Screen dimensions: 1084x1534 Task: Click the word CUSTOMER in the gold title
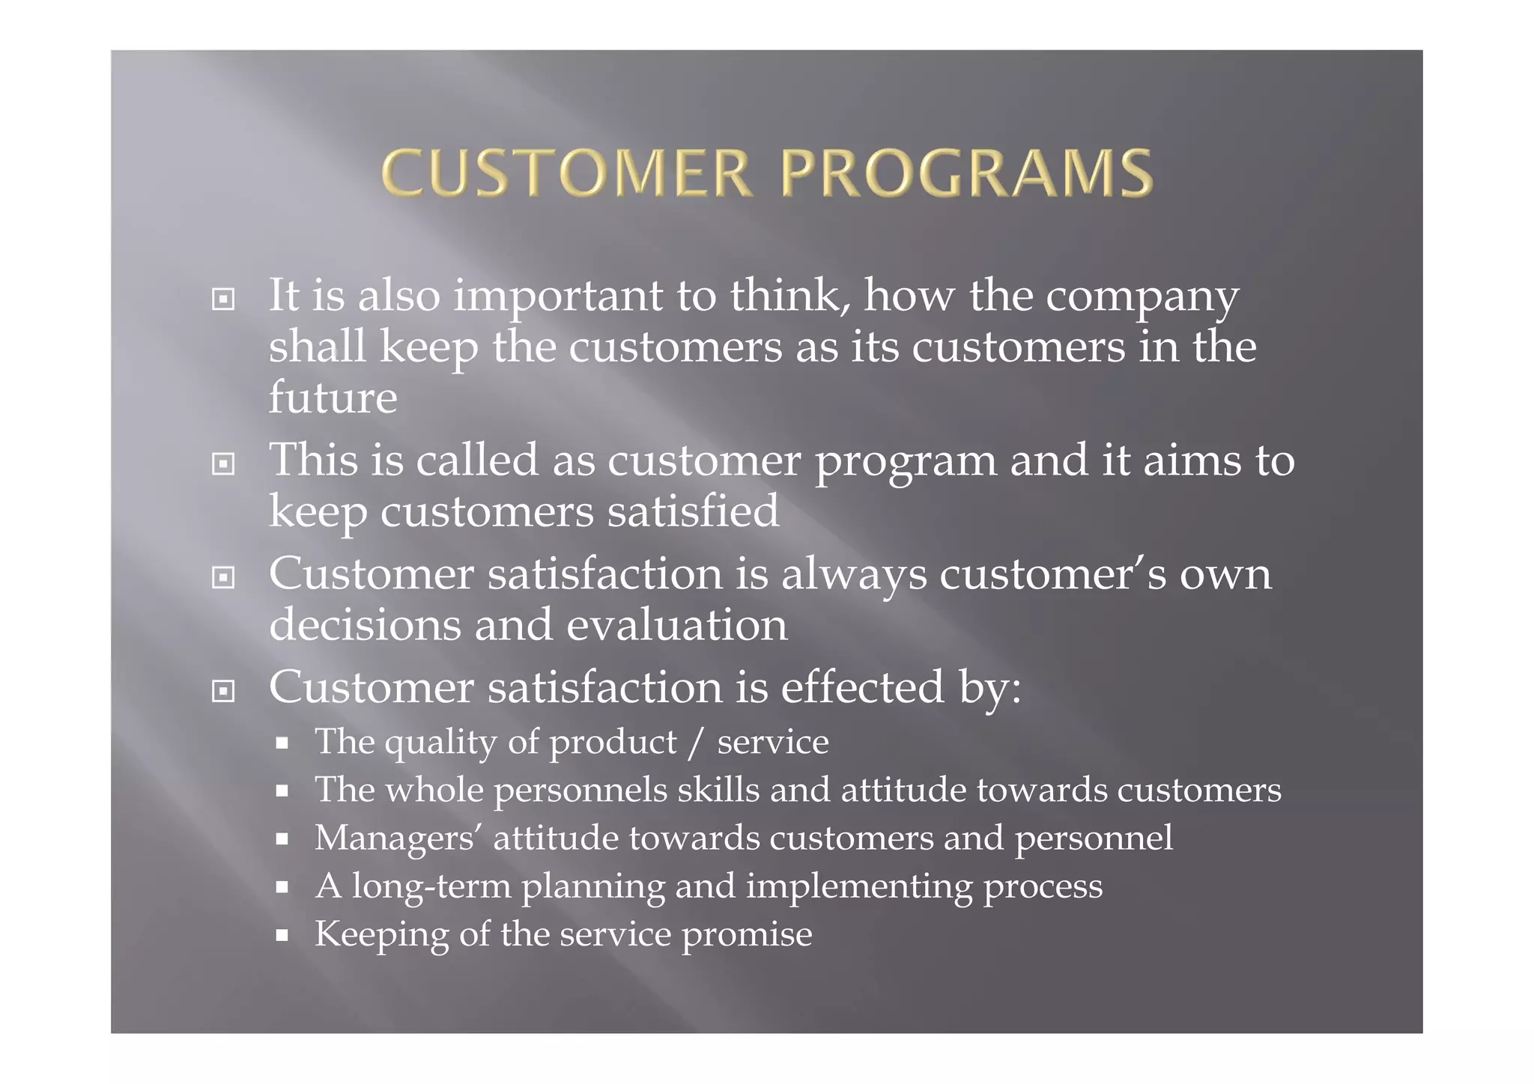pos(566,174)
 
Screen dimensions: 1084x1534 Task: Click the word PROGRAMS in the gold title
pos(966,174)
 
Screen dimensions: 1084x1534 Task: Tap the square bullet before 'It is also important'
pos(223,299)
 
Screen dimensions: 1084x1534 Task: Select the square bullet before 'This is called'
pos(223,464)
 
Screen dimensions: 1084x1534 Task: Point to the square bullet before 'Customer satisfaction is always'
pos(223,577)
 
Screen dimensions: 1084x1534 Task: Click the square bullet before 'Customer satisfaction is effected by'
pos(223,691)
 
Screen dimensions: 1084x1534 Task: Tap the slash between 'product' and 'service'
pos(697,742)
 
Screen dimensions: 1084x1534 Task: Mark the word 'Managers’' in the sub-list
pos(398,838)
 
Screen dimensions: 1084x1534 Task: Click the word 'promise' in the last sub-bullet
pos(747,935)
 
